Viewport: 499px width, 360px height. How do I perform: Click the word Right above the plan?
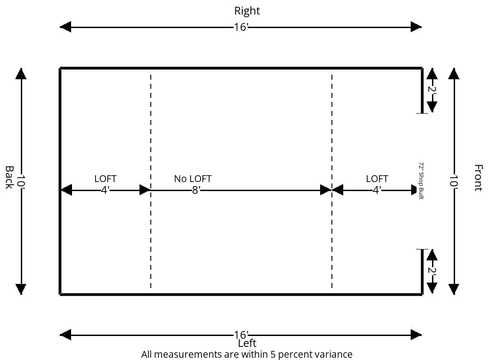pyautogui.click(x=247, y=11)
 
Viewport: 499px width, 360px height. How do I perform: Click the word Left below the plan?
pyautogui.click(x=247, y=343)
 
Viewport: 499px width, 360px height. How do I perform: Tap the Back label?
pyautogui.click(x=9, y=178)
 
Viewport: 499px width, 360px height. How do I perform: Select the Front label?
pyautogui.click(x=478, y=178)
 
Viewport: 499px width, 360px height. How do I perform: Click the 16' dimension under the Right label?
pyautogui.click(x=241, y=27)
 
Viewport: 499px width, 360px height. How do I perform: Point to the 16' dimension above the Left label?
pyautogui.click(x=241, y=335)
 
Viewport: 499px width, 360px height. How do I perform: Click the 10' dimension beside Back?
pyautogui.click(x=21, y=181)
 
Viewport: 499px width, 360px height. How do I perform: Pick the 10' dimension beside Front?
pyautogui.click(x=454, y=181)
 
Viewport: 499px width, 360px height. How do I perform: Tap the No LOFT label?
pyautogui.click(x=193, y=178)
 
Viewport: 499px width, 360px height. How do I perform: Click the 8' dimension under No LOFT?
pyautogui.click(x=196, y=190)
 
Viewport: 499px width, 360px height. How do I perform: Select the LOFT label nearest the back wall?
pyautogui.click(x=106, y=178)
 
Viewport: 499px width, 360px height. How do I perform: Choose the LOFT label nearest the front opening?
pyautogui.click(x=377, y=178)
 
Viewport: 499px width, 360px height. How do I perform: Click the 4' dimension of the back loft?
pyautogui.click(x=106, y=190)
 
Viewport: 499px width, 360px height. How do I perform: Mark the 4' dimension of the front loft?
pyautogui.click(x=377, y=190)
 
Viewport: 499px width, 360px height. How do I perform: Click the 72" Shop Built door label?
pyautogui.click(x=421, y=181)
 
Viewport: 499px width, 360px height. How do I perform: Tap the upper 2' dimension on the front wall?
pyautogui.click(x=432, y=89)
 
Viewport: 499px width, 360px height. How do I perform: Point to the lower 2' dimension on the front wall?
pyautogui.click(x=432, y=270)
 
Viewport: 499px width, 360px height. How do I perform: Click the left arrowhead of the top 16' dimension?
pyautogui.click(x=65, y=27)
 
